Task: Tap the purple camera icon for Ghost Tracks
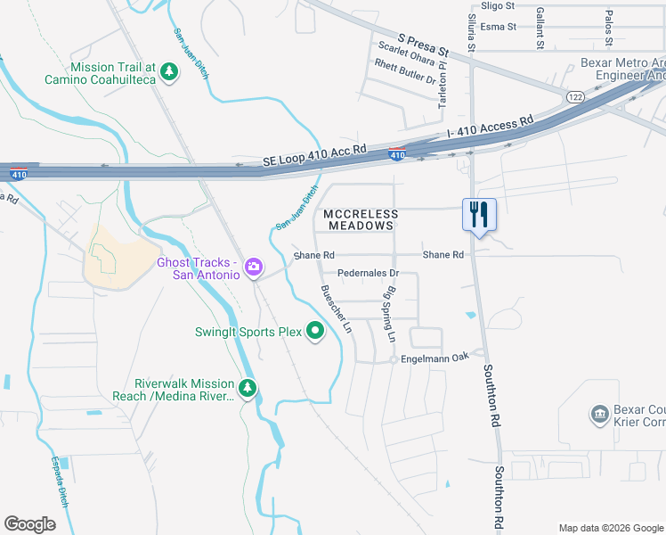click(254, 267)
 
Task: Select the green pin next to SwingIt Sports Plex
click(315, 332)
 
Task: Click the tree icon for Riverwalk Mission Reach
click(248, 388)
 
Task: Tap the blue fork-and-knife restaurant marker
click(479, 215)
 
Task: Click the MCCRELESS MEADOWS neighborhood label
click(359, 219)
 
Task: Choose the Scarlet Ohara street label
click(406, 60)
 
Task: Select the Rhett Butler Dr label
click(405, 76)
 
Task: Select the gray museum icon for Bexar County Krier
click(598, 415)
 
